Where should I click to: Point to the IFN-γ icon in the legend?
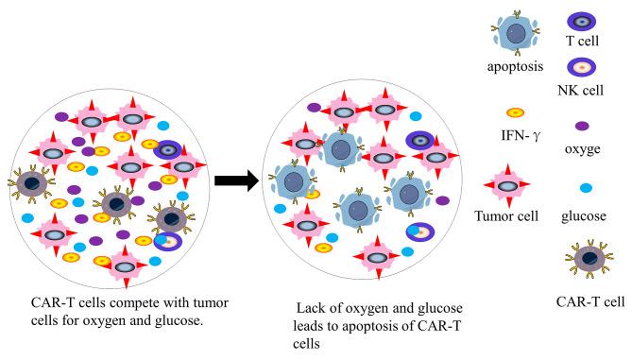coord(515,112)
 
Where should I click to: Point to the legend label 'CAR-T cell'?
coord(589,301)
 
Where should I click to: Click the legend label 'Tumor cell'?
coord(506,216)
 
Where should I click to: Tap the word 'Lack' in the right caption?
coord(313,308)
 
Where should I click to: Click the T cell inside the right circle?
coord(419,140)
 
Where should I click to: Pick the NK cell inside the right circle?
coord(418,231)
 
